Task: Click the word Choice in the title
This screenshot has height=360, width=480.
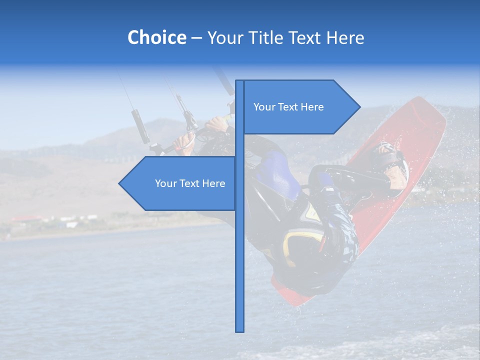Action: point(156,37)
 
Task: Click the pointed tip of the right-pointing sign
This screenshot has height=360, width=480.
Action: point(359,106)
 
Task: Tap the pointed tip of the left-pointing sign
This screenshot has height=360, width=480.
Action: point(119,183)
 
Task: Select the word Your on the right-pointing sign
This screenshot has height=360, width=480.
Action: point(264,107)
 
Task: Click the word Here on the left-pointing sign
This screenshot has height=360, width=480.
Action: point(213,183)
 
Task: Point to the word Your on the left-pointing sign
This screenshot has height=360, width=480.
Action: point(165,183)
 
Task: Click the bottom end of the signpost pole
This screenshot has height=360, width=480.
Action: point(239,329)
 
